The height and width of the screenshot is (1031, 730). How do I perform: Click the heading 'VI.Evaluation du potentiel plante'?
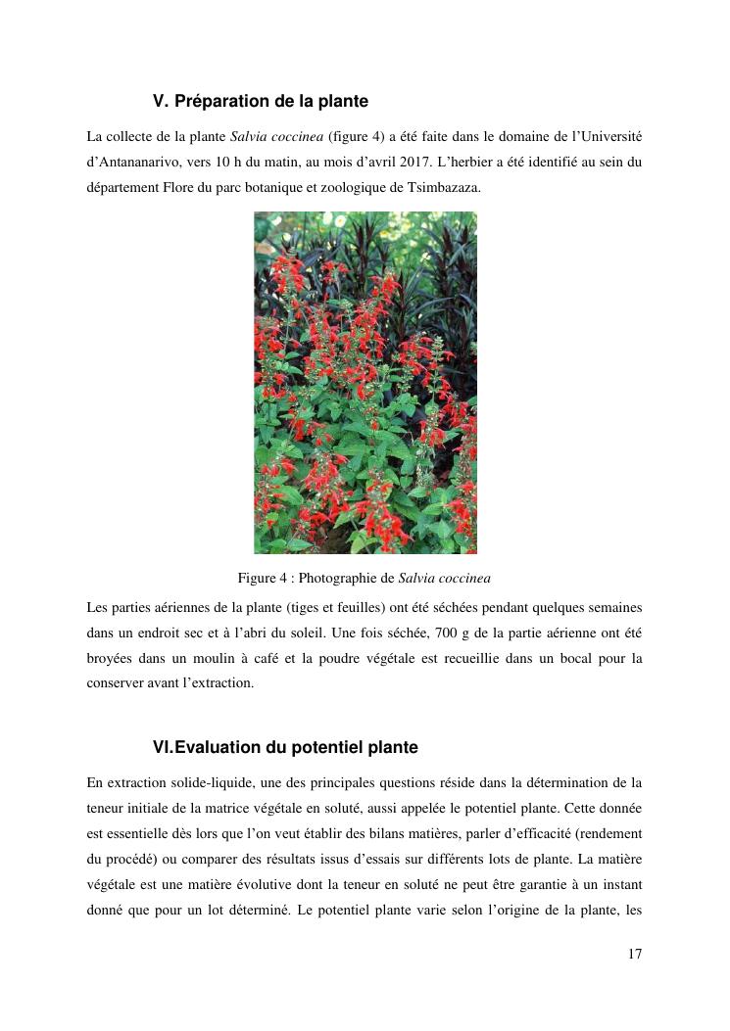(285, 747)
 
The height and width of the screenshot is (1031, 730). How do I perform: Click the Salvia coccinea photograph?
(365, 383)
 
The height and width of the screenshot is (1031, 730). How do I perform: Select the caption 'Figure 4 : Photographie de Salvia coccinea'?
(365, 578)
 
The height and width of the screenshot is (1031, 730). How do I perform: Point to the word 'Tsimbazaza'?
(447, 186)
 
